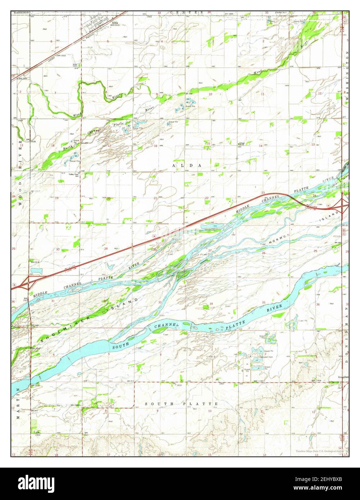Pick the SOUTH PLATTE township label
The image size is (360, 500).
[x=181, y=404]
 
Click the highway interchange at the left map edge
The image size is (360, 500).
[x=27, y=284]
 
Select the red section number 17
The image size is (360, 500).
[x=109, y=146]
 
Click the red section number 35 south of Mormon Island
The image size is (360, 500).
[x=264, y=303]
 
